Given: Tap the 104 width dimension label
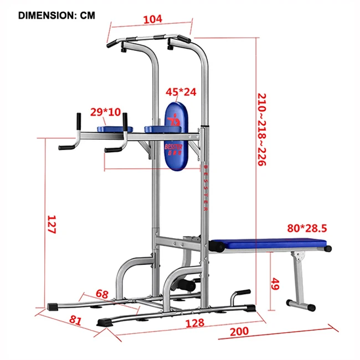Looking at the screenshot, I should (x=152, y=19).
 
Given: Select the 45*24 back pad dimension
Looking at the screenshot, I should (x=182, y=92).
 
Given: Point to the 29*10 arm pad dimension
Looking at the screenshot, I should (x=105, y=112).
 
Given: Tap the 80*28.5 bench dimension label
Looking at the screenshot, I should (x=307, y=228).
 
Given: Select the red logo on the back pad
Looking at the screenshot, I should (x=176, y=119).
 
